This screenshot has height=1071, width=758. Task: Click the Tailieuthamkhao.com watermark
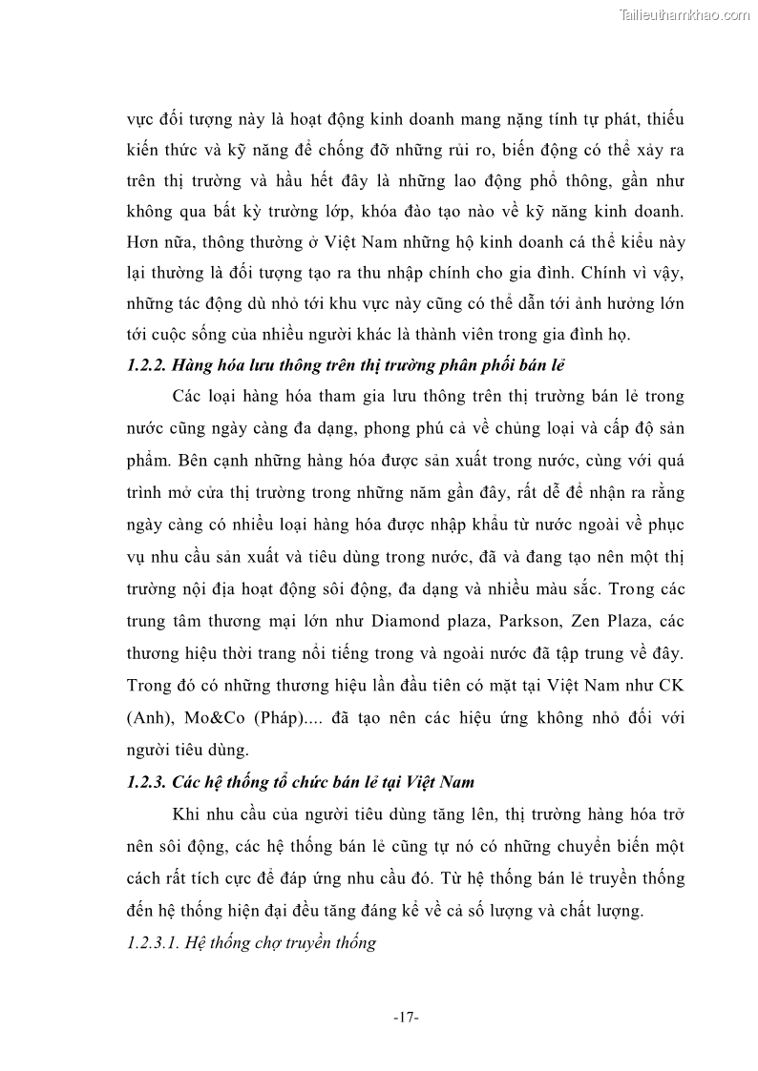click(684, 14)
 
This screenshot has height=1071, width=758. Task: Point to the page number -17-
click(406, 1019)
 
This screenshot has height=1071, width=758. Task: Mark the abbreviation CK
click(671, 682)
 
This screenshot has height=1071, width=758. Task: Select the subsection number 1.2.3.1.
click(153, 943)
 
